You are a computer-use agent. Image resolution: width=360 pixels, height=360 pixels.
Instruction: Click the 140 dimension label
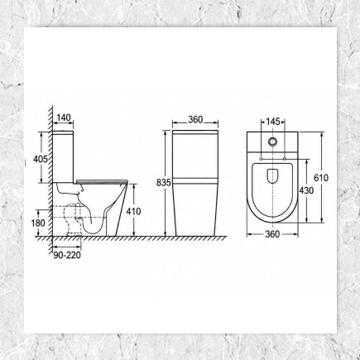click(x=64, y=118)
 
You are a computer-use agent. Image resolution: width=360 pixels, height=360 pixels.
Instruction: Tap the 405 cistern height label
click(x=41, y=159)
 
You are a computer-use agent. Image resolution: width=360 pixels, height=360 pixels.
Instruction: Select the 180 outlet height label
click(x=38, y=223)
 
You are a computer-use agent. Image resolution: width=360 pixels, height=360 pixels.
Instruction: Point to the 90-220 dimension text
click(x=67, y=256)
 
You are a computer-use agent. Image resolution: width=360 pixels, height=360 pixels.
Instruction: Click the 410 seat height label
click(x=133, y=211)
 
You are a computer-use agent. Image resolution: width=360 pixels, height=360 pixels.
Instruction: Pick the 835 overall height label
click(x=164, y=182)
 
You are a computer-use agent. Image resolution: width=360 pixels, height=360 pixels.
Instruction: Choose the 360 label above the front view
click(x=195, y=120)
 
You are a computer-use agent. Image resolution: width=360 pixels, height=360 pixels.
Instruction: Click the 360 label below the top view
click(x=272, y=234)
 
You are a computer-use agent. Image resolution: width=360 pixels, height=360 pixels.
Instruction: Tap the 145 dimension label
click(x=273, y=122)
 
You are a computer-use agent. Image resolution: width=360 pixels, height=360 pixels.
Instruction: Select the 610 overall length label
click(x=321, y=178)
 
